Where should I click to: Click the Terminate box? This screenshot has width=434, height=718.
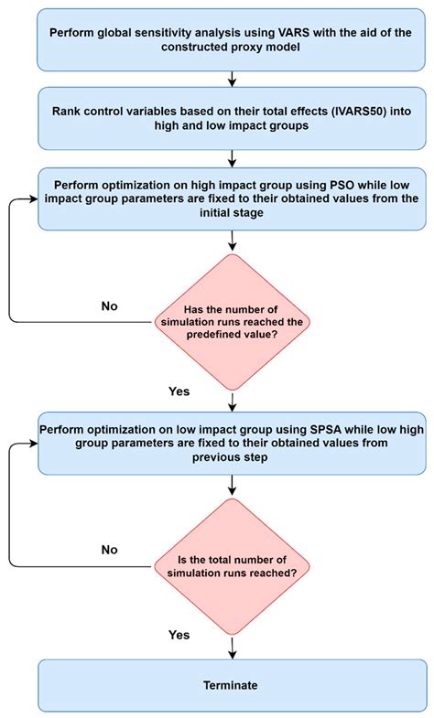point(230,684)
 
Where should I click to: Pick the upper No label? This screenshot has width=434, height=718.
point(110,305)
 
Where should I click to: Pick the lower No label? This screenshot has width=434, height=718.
point(110,551)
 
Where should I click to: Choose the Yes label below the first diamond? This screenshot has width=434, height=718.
point(179,391)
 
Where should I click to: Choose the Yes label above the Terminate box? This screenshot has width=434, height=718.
point(179,634)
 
